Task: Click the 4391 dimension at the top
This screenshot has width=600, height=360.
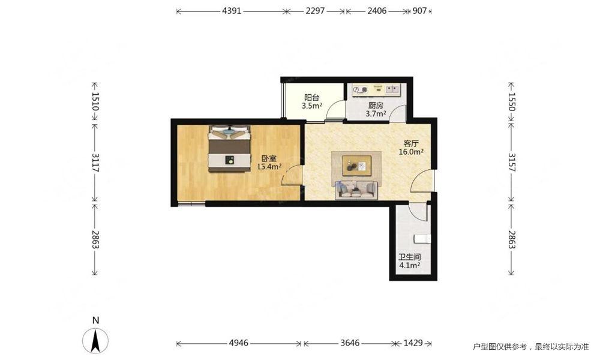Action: [232, 11]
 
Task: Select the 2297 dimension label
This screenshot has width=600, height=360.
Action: [315, 11]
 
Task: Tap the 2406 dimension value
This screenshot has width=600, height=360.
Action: [377, 11]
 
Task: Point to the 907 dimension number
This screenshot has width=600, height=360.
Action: [419, 11]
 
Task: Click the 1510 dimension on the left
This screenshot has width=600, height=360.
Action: [95, 101]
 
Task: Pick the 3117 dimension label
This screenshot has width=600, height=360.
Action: [95, 162]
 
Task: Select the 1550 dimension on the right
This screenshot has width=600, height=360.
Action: [512, 102]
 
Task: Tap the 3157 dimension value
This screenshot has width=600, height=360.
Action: [512, 162]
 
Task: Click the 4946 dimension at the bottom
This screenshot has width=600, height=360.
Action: [239, 343]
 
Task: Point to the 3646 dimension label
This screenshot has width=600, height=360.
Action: [350, 343]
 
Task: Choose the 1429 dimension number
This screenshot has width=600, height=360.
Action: [413, 343]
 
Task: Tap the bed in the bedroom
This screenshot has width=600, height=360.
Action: [229, 149]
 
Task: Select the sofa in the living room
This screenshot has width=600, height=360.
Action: [356, 190]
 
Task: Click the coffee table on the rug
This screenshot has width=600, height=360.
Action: [356, 166]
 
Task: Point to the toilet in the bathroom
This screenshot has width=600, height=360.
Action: [422, 239]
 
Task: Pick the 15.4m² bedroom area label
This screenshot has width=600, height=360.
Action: [269, 166]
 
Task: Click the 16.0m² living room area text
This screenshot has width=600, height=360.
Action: [411, 152]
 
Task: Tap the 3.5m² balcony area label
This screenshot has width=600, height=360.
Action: [312, 106]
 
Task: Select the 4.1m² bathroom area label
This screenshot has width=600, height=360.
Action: [410, 265]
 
